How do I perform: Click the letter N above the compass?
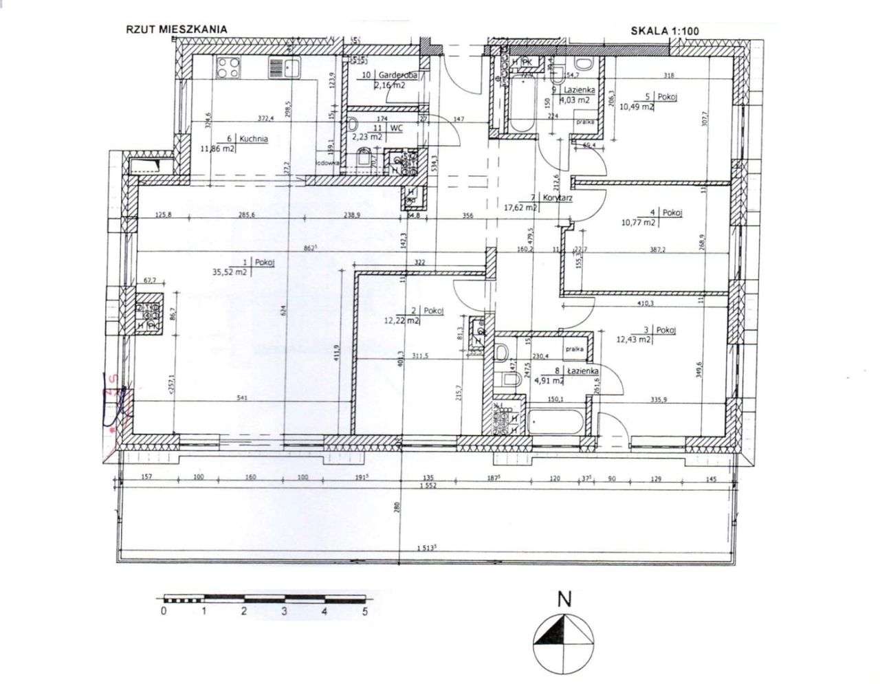tap(564, 599)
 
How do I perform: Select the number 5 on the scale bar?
tap(365, 611)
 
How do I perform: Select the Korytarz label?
tap(557, 198)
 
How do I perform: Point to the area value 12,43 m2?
tap(633, 340)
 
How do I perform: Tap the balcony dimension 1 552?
tap(427, 487)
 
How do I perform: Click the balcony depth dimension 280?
tap(397, 508)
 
